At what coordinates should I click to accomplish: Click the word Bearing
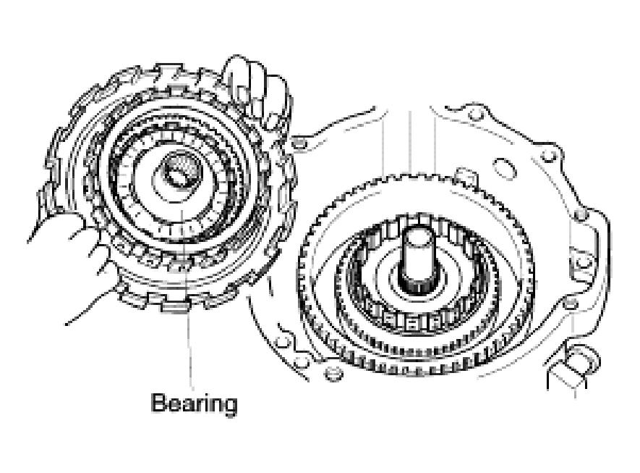tap(195, 404)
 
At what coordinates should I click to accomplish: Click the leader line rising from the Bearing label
tap(186, 294)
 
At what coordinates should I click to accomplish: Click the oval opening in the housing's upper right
tap(505, 168)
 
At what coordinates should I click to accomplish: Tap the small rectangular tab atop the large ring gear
tap(465, 176)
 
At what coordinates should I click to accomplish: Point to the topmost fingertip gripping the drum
tap(237, 65)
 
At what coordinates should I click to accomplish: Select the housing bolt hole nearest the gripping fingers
tap(299, 143)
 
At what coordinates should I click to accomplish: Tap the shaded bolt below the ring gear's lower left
tap(333, 373)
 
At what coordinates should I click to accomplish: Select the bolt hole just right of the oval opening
tap(547, 156)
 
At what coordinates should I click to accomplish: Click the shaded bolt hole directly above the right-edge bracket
tap(581, 215)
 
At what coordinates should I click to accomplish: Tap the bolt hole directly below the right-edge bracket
tap(571, 304)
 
